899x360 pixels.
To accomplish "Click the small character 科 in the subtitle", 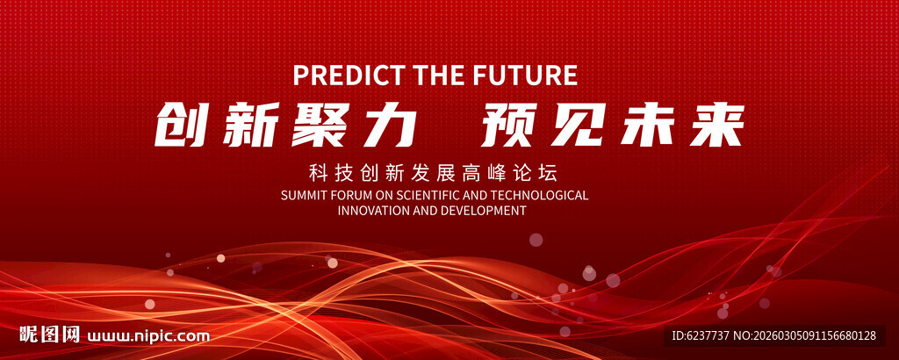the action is coord(317,172).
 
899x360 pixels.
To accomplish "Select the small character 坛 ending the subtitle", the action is coord(550,172).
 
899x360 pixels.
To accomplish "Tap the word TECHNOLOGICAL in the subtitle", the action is coord(543,196).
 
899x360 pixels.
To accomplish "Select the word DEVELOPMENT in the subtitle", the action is coord(484,211).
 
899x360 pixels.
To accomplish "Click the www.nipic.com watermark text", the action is coord(148,336).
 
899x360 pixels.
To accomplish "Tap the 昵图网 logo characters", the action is coord(49,335).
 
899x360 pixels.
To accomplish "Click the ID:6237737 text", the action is coord(700,336).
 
